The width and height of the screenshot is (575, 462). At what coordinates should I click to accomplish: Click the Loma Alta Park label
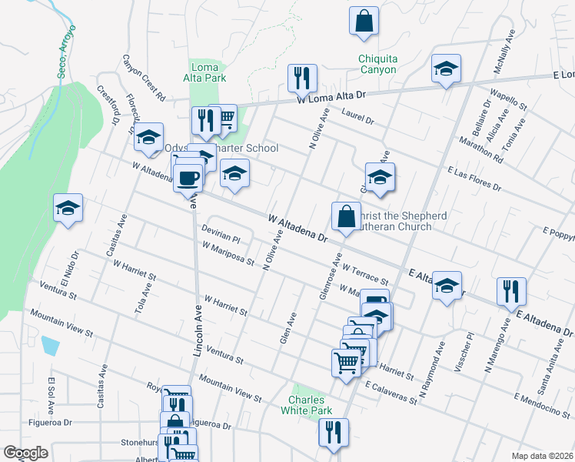click(x=205, y=72)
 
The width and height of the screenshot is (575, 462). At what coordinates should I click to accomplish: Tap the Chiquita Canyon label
click(x=377, y=64)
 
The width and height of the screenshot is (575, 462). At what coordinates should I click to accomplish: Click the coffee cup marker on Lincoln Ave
click(x=188, y=179)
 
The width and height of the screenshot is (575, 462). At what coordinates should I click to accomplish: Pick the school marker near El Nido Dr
click(x=68, y=208)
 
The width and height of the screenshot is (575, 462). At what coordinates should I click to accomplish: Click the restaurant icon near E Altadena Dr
click(x=511, y=291)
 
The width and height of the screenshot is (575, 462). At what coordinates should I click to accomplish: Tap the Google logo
click(x=26, y=453)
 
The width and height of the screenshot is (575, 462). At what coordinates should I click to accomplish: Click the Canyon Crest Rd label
click(x=144, y=79)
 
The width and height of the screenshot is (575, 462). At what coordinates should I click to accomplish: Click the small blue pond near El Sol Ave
click(x=51, y=345)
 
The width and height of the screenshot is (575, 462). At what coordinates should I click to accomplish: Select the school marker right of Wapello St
click(x=446, y=69)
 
